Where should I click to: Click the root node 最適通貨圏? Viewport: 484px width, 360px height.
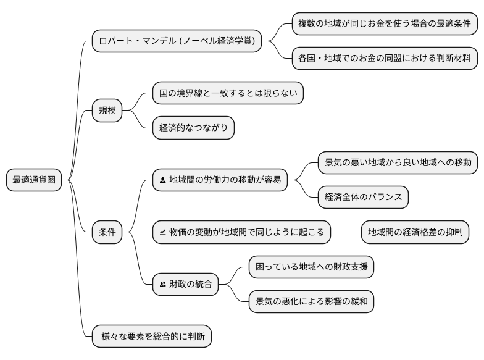pyautogui.click(x=34, y=180)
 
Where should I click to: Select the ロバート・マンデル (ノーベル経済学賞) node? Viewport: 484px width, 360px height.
pyautogui.click(x=176, y=41)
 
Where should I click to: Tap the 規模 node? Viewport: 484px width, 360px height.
pyautogui.click(x=107, y=111)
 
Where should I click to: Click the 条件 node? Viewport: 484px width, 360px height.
pyautogui.click(x=107, y=233)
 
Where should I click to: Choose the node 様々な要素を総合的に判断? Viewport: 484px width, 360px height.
pyautogui.click(x=152, y=337)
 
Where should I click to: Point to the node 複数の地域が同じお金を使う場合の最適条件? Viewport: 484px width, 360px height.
pyautogui.click(x=384, y=24)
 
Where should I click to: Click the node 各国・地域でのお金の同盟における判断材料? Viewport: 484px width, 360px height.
pyautogui.click(x=384, y=59)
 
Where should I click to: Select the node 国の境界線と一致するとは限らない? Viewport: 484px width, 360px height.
pyautogui.click(x=228, y=94)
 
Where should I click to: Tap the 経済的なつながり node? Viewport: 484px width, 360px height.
pyautogui.click(x=193, y=128)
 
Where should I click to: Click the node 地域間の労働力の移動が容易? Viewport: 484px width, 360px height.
pyautogui.click(x=220, y=180)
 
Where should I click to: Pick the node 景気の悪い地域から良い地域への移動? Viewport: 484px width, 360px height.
pyautogui.click(x=398, y=163)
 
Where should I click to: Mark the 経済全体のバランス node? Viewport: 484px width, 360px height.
pyautogui.click(x=363, y=198)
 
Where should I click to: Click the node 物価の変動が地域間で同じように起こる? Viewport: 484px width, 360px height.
pyautogui.click(x=241, y=233)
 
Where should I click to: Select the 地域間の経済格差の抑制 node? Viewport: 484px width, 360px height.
pyautogui.click(x=415, y=233)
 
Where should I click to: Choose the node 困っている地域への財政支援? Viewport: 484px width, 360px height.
pyautogui.click(x=311, y=267)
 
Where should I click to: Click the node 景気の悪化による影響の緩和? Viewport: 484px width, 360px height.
pyautogui.click(x=311, y=302)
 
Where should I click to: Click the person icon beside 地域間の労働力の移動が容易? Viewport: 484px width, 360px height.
pyautogui.click(x=162, y=180)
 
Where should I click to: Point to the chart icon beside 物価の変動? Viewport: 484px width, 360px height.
pyautogui.click(x=162, y=233)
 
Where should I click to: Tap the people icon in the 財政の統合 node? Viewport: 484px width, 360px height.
pyautogui.click(x=162, y=285)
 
